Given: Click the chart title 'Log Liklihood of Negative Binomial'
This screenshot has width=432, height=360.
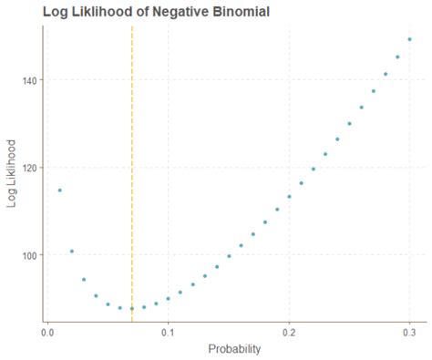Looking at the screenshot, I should coord(156,12).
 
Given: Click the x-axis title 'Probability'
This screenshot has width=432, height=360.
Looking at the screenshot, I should coord(235,348).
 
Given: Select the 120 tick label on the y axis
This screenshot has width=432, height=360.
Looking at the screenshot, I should coord(28,168).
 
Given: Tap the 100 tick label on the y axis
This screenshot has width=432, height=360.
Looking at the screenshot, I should coord(28,255).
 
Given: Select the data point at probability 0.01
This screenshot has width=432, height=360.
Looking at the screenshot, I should coord(60,190).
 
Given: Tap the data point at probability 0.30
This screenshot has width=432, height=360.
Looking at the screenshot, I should coord(409,39).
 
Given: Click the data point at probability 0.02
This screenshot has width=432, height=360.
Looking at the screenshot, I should coord(72,251).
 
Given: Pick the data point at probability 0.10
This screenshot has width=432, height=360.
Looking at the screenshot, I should coord(168,298).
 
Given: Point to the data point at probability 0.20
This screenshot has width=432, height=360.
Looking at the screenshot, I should coord(289,196).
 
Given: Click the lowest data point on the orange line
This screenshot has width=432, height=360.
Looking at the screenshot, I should coord(132,308).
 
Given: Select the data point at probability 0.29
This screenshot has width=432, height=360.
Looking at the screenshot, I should coord(397,57).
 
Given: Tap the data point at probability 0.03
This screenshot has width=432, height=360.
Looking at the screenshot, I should coord(84,280).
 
